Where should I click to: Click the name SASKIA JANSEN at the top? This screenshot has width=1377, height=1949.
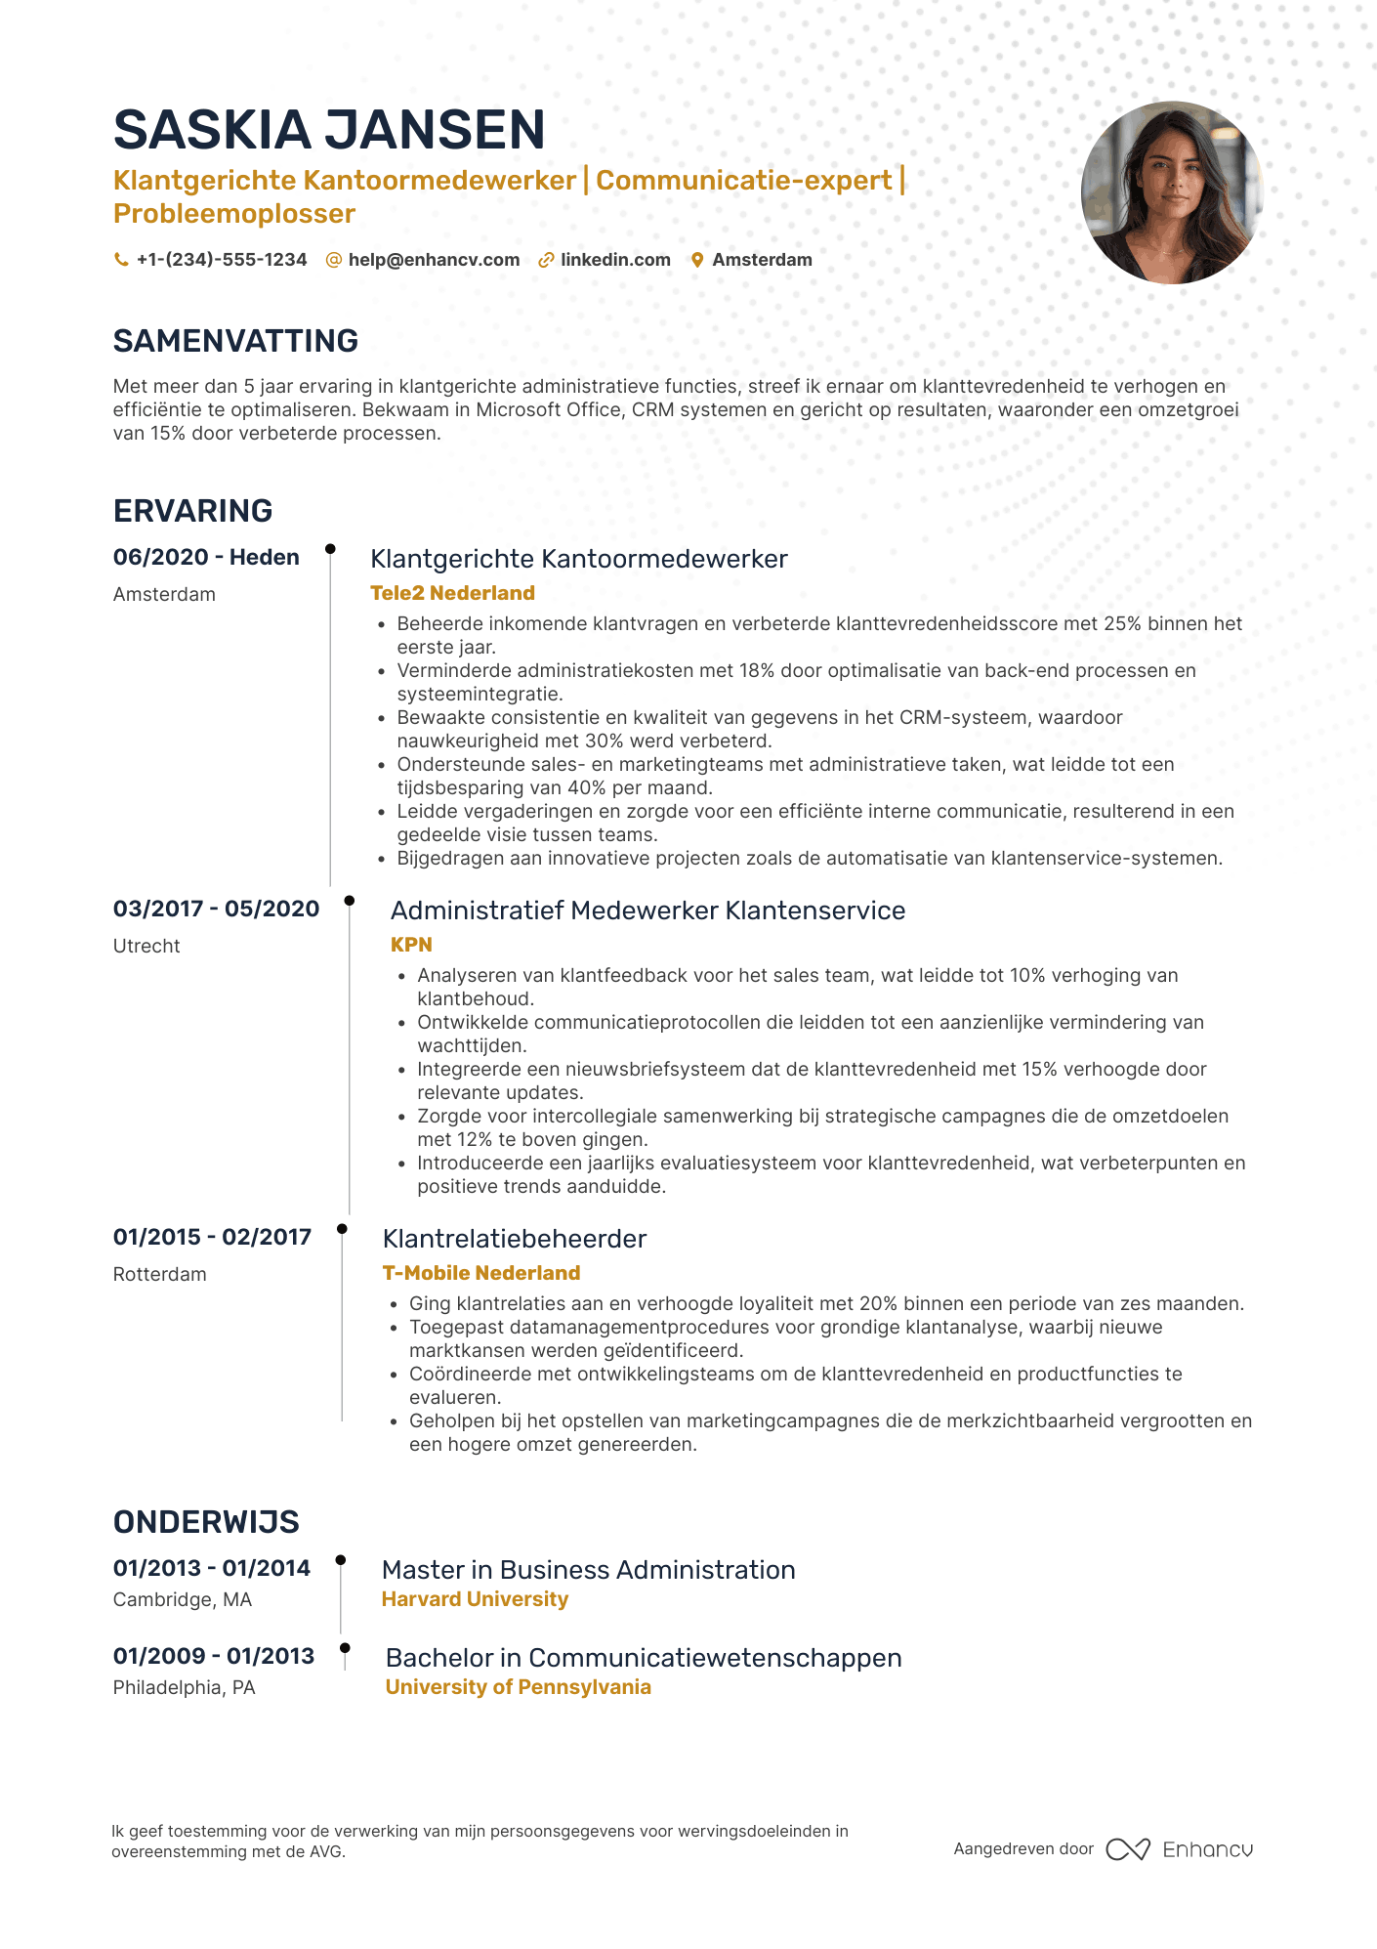click(x=329, y=130)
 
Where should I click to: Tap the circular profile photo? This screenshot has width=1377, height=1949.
click(x=1172, y=192)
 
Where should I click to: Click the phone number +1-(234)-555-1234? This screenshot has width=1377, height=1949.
click(x=222, y=260)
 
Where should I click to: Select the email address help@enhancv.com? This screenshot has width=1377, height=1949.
click(x=434, y=260)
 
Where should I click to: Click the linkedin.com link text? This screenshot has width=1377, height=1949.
click(x=615, y=260)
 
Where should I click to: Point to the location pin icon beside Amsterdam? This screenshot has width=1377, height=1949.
click(x=697, y=260)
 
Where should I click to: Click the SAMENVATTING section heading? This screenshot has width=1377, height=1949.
click(x=235, y=341)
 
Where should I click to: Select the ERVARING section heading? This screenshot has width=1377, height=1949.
click(x=192, y=511)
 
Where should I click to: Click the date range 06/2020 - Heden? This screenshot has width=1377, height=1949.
click(x=206, y=557)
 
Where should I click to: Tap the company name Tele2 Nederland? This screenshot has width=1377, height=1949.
click(x=452, y=593)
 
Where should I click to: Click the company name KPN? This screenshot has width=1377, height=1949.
click(x=411, y=945)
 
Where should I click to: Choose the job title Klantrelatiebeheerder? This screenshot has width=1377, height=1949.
click(x=515, y=1239)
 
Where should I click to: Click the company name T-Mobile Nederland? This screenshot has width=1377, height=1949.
click(x=481, y=1273)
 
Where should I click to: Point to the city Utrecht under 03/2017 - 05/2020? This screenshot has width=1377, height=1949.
click(x=146, y=946)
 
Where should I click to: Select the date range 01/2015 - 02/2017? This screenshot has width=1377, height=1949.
click(x=212, y=1237)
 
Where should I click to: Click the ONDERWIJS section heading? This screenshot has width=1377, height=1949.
click(x=206, y=1522)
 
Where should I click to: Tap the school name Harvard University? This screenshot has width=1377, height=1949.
click(x=475, y=1599)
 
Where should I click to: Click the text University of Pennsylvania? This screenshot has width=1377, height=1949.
click(x=518, y=1687)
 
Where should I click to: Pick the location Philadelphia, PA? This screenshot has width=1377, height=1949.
click(x=184, y=1687)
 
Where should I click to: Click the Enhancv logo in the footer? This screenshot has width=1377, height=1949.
click(x=1180, y=1849)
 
